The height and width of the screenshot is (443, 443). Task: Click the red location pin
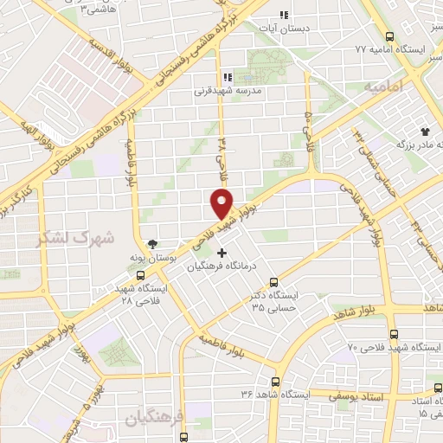click(x=221, y=203)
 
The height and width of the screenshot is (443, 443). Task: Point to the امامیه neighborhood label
click(x=384, y=87)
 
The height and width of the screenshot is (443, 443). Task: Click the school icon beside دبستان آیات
click(x=283, y=15)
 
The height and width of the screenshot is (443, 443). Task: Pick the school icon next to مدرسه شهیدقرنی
click(x=228, y=75)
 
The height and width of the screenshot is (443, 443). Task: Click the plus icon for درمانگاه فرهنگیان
click(x=222, y=254)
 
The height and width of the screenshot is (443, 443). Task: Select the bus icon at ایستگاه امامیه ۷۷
click(x=389, y=37)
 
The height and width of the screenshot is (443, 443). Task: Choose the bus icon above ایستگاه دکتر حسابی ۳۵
click(x=273, y=282)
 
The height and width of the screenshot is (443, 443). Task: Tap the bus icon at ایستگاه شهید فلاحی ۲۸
click(x=119, y=289)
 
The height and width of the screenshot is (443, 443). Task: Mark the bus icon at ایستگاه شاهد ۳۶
click(x=276, y=382)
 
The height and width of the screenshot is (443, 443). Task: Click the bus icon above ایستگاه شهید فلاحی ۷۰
click(x=394, y=334)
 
